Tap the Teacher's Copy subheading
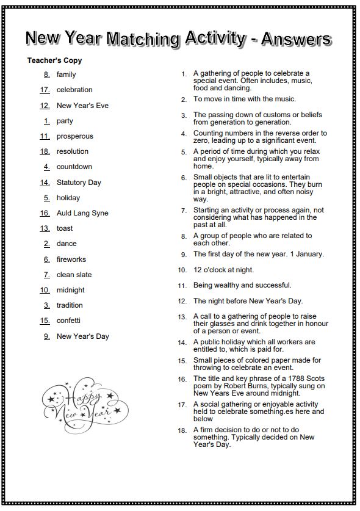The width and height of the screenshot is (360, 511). coord(54,60)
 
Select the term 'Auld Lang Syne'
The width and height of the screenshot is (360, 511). coord(82,213)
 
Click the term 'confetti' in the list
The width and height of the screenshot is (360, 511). coord(68,321)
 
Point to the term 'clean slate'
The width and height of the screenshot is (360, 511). coord(74,275)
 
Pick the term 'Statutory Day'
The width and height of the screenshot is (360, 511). coord(79,182)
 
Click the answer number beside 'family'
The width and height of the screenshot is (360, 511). coord(46,74)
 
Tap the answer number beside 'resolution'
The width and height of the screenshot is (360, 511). coord(45,151)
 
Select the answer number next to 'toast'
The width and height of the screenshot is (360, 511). coord(45,228)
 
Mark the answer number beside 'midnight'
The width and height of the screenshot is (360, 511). coord(45,290)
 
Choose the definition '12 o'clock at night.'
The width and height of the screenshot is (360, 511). coord(223,269)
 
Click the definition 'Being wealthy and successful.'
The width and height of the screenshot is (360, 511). coord(242,285)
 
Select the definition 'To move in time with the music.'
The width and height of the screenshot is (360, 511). coord(244,99)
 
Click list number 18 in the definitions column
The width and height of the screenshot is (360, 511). coord(182,430)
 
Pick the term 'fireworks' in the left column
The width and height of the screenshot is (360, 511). coord(71,259)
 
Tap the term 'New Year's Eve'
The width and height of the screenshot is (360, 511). coord(82,106)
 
